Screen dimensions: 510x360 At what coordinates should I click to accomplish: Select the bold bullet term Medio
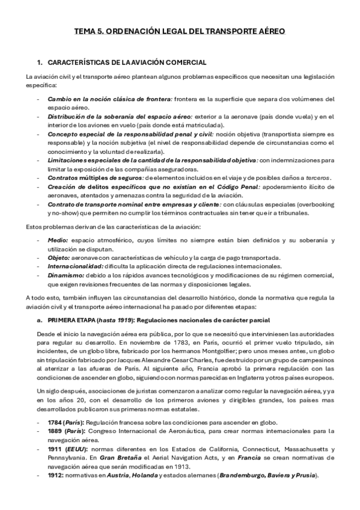pyautogui.click(x=57, y=240)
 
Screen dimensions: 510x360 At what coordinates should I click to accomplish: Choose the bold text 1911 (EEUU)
pyautogui.click(x=67, y=449)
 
